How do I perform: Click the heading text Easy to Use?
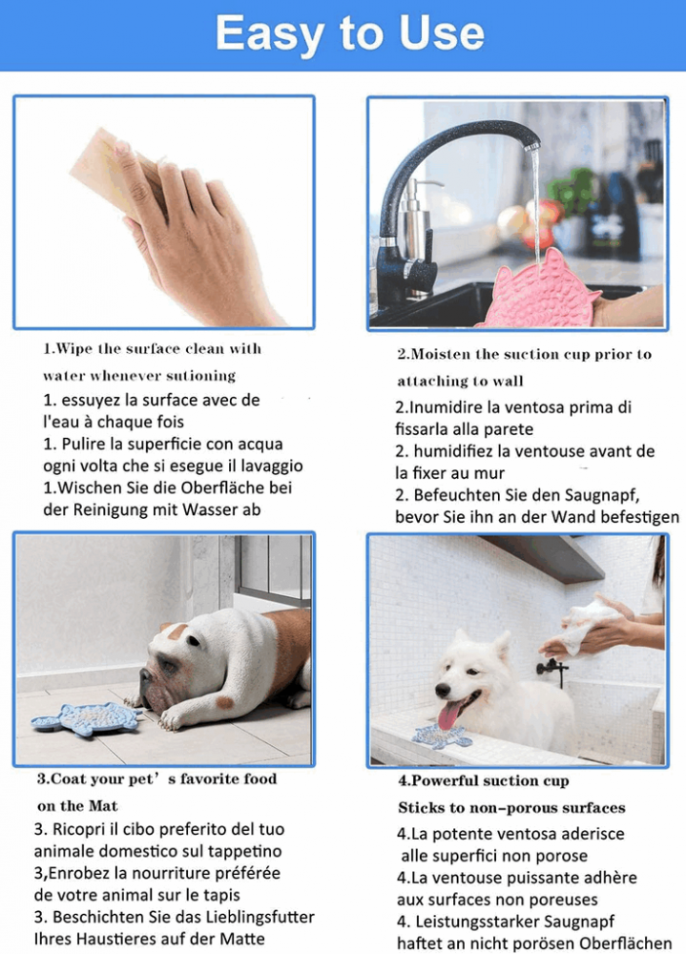pyautogui.click(x=350, y=33)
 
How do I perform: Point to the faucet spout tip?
pyautogui.click(x=531, y=146)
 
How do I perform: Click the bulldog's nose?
pyautogui.click(x=144, y=676)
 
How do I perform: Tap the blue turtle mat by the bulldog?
pyautogui.click(x=90, y=718)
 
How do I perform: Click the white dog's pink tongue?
pyautogui.click(x=449, y=713)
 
